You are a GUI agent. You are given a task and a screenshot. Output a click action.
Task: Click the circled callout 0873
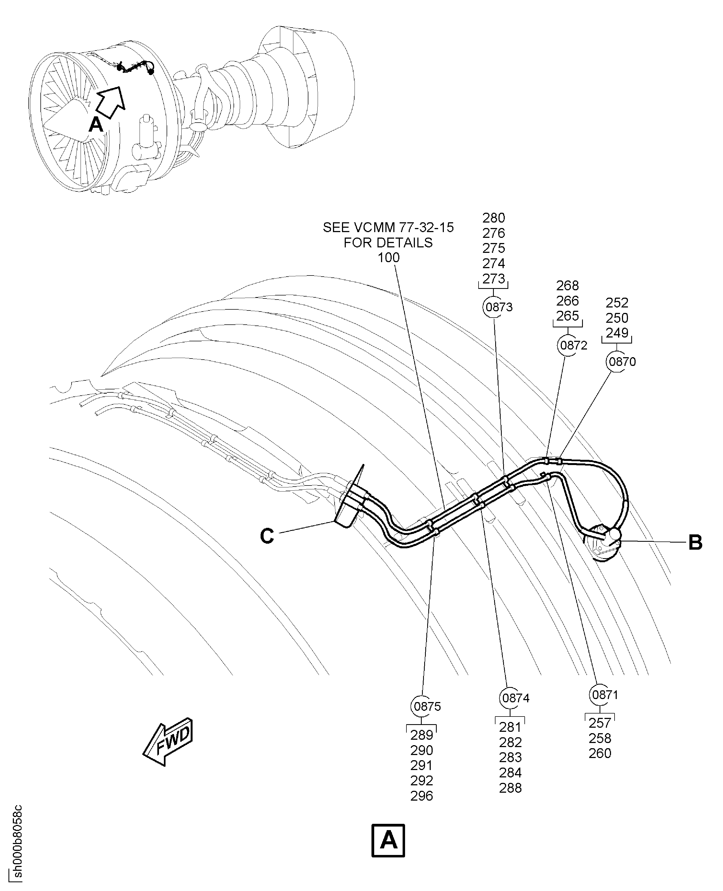[x=498, y=307]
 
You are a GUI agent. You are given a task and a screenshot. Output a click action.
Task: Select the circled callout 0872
[x=573, y=345]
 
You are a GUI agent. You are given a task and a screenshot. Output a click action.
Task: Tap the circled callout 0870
[x=622, y=361]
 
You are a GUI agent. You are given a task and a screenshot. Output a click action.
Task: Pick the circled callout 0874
[x=515, y=698]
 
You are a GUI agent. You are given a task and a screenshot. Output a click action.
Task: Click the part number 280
[x=494, y=218]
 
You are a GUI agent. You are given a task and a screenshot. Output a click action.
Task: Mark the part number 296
[x=421, y=796]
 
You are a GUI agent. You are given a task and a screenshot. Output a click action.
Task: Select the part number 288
[x=510, y=788]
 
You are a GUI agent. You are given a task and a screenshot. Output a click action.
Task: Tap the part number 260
[x=600, y=753]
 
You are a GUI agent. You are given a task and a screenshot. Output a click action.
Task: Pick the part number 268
[x=567, y=286]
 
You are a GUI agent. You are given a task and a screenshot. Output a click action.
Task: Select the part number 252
[x=617, y=303]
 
